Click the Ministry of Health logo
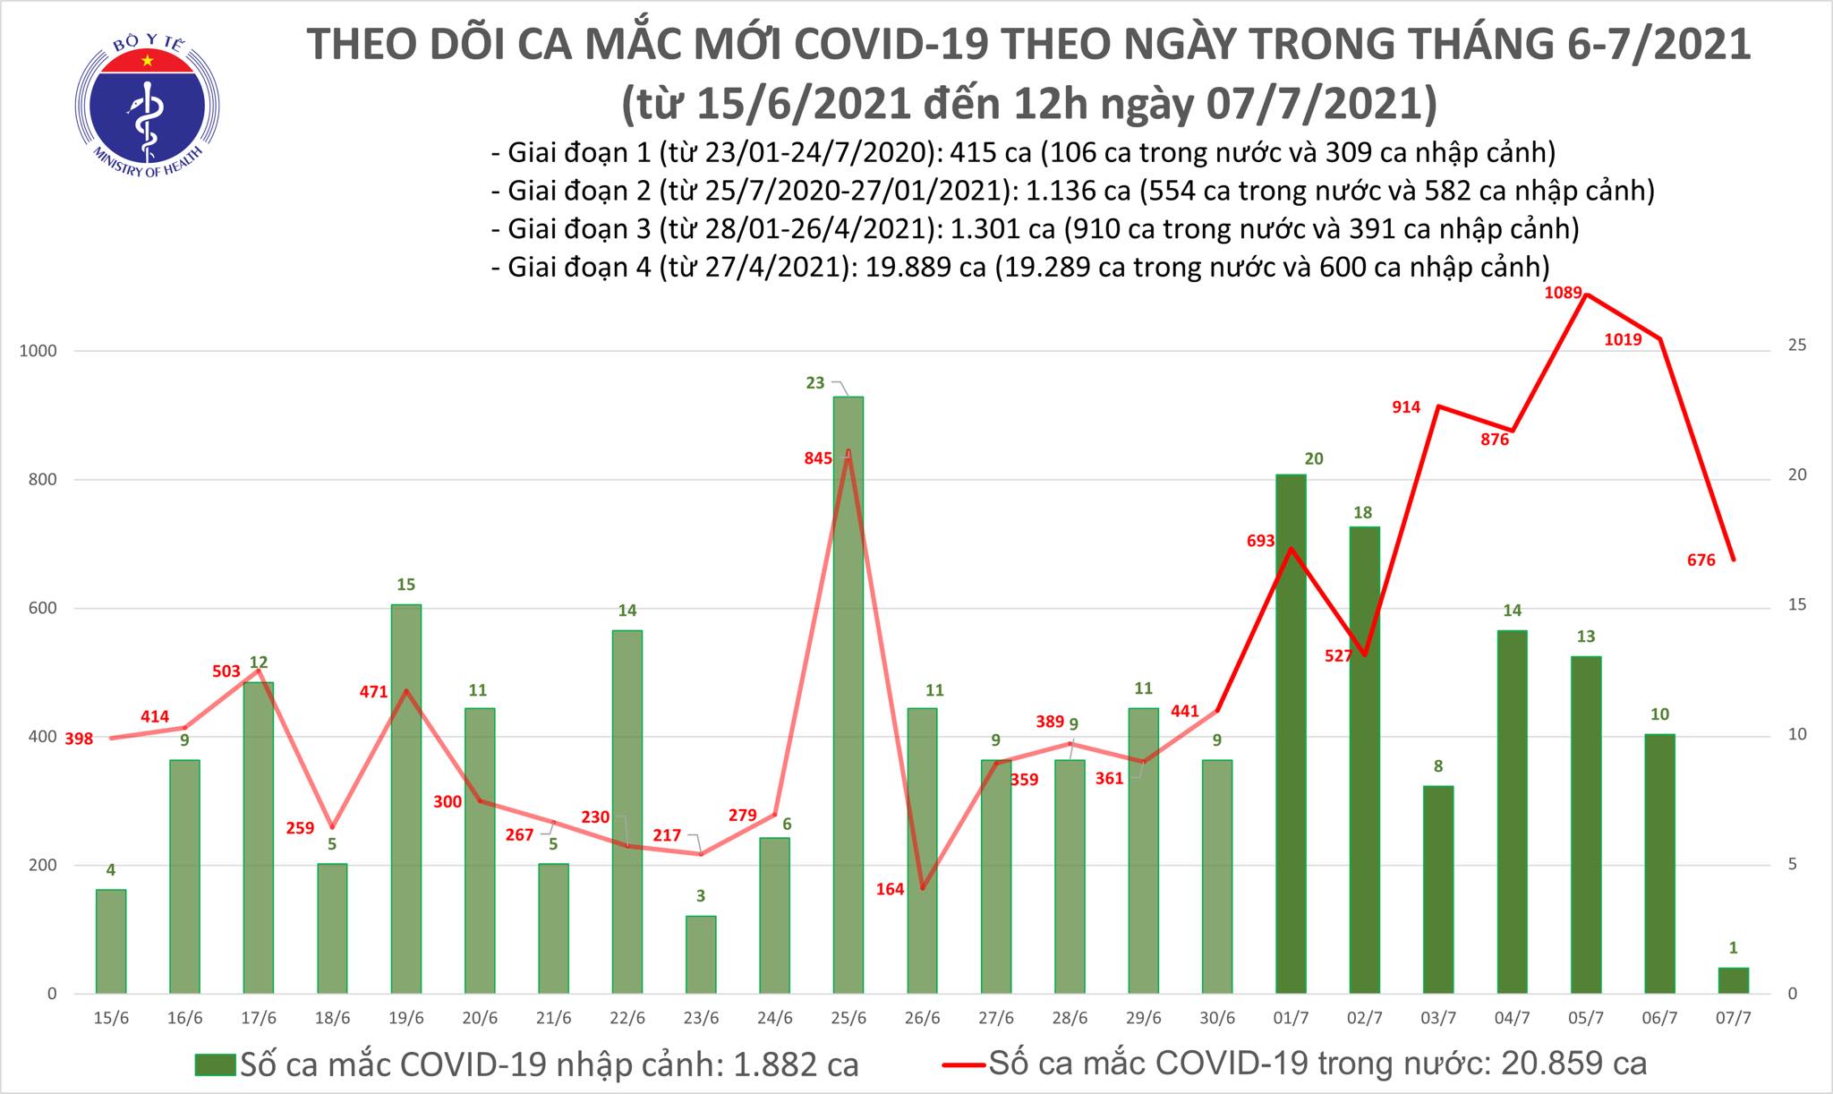tap(147, 106)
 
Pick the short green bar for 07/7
tap(1733, 980)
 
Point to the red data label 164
tap(891, 889)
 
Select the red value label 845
tap(818, 458)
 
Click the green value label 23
tap(815, 383)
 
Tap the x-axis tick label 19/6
tap(405, 1019)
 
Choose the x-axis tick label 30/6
tap(1216, 1019)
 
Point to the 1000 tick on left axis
tap(38, 351)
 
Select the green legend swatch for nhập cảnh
tap(216, 1064)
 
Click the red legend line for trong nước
tap(964, 1064)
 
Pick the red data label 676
tap(1701, 560)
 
